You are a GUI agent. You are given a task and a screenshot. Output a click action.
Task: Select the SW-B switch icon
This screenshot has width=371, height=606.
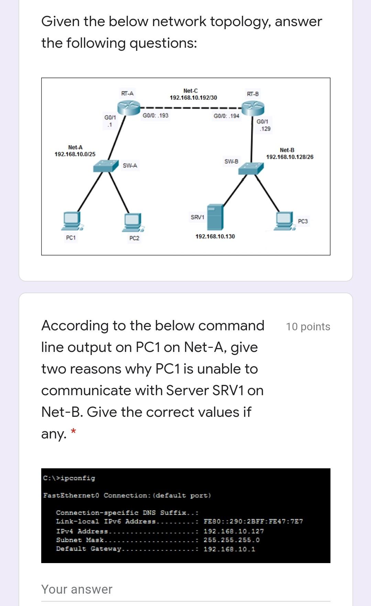pos(251,168)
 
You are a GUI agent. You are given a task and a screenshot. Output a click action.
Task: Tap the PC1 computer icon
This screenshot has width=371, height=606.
pos(72,221)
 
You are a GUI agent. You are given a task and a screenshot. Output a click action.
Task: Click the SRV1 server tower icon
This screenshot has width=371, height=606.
pos(215,217)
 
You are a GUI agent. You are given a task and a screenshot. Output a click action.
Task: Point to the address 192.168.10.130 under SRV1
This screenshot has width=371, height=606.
pos(215,237)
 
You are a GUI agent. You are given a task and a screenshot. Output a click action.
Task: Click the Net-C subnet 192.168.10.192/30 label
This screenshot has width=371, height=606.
pos(193,98)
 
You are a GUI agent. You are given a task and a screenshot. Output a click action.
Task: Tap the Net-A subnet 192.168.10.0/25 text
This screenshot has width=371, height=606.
pos(75,154)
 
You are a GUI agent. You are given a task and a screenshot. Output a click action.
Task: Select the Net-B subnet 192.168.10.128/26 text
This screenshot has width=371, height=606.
pos(290,157)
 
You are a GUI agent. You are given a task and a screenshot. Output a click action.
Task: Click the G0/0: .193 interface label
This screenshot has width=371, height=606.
pos(156,115)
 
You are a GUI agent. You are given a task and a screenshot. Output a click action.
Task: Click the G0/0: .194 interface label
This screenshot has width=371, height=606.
pos(226,116)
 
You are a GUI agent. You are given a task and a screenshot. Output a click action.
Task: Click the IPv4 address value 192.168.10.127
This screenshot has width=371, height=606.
pos(234,531)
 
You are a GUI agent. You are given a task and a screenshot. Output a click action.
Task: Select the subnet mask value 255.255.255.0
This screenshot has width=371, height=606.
pos(232,540)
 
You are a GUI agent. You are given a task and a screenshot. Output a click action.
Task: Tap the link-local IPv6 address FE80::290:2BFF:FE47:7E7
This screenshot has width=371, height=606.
pos(253,521)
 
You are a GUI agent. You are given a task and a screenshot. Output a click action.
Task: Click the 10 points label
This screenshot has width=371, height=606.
pos(308,327)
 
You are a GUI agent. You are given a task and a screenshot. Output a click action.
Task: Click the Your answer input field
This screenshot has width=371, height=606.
pos(185,590)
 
